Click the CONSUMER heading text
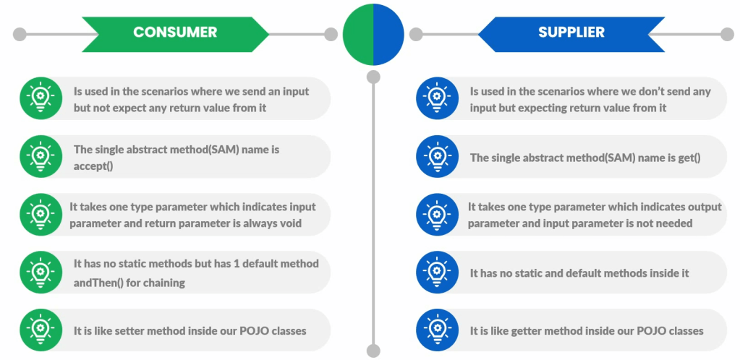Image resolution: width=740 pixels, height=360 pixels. pyautogui.click(x=175, y=32)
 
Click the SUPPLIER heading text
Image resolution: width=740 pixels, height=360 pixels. pyautogui.click(x=571, y=32)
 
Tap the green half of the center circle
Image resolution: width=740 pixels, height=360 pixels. pyautogui.click(x=358, y=34)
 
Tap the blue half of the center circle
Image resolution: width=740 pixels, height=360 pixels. pyautogui.click(x=389, y=34)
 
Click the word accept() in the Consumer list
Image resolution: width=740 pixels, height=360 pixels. pyautogui.click(x=93, y=166)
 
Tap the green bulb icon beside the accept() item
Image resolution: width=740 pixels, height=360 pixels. pyautogui.click(x=41, y=156)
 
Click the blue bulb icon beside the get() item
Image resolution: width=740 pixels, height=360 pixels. pyautogui.click(x=437, y=156)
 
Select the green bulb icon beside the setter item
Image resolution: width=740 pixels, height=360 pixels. pyautogui.click(x=41, y=330)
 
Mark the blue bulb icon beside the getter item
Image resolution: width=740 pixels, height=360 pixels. pyautogui.click(x=437, y=330)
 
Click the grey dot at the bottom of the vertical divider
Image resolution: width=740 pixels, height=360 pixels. pyautogui.click(x=373, y=351)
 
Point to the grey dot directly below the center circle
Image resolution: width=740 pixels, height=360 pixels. pyautogui.click(x=373, y=77)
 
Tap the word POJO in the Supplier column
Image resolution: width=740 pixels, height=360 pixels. pyautogui.click(x=650, y=331)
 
